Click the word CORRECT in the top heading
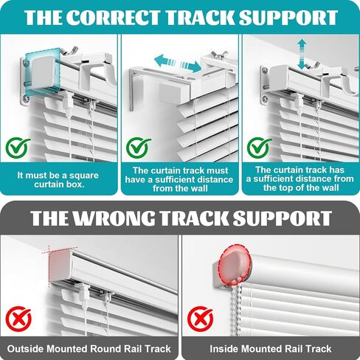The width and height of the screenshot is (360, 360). [113, 17]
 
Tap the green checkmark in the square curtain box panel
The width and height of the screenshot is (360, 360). [18, 148]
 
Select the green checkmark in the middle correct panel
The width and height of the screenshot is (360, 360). [139, 148]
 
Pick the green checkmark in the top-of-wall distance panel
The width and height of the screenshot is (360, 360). [259, 148]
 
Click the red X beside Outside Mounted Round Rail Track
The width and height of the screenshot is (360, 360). [18, 319]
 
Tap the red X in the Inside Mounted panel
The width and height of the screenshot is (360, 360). [200, 319]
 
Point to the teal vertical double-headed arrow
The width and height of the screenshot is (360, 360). [302, 55]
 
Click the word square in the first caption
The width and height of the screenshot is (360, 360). [83, 176]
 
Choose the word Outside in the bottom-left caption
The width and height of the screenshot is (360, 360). [25, 349]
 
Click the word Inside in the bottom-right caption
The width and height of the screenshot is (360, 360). [224, 349]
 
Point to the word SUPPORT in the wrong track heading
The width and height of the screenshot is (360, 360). [282, 218]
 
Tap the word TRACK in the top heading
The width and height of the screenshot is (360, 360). [199, 17]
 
